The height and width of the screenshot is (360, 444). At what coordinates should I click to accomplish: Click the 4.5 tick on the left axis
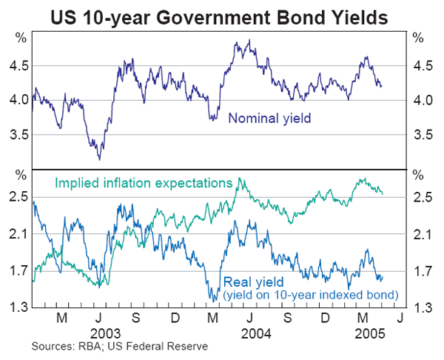(19, 66)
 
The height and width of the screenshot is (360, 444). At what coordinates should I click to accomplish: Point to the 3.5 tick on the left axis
(19, 135)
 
